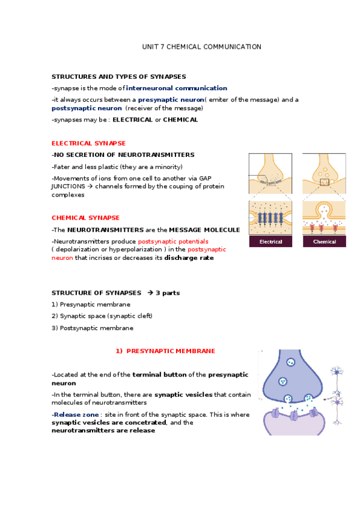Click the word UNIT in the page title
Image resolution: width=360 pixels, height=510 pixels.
click(x=148, y=46)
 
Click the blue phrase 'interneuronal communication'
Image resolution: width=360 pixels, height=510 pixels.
click(x=177, y=88)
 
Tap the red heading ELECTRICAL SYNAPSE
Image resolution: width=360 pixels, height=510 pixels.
click(x=88, y=143)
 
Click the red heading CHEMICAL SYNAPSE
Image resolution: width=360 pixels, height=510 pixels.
click(x=85, y=218)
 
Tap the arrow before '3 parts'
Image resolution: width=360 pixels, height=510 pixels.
click(x=150, y=293)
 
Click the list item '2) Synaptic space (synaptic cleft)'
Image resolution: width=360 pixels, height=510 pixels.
click(x=102, y=316)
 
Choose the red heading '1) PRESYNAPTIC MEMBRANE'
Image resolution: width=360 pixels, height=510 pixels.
click(x=165, y=351)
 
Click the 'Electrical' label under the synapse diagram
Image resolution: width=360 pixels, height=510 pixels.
click(x=270, y=242)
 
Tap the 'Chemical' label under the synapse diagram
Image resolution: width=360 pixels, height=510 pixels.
click(x=324, y=242)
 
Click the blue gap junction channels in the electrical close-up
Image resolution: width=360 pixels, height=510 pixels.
click(x=270, y=217)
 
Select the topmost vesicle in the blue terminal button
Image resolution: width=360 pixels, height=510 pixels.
click(x=291, y=362)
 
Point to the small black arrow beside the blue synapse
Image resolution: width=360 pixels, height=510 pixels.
click(x=325, y=398)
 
